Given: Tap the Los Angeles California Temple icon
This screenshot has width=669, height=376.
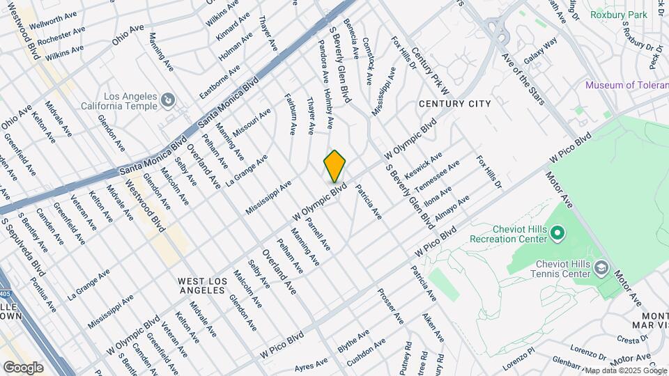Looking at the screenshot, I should [167, 101].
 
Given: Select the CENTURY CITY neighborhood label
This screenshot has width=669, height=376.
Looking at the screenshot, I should [454, 104].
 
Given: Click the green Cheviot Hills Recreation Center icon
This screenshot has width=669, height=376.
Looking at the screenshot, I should [557, 233].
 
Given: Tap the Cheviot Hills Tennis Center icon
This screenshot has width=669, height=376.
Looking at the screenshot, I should [601, 268].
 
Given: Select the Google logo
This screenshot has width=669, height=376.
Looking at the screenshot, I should [23, 367].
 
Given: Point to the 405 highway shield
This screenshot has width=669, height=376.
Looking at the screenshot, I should [6, 292].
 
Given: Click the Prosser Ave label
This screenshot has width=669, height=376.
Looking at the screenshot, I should [391, 306].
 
